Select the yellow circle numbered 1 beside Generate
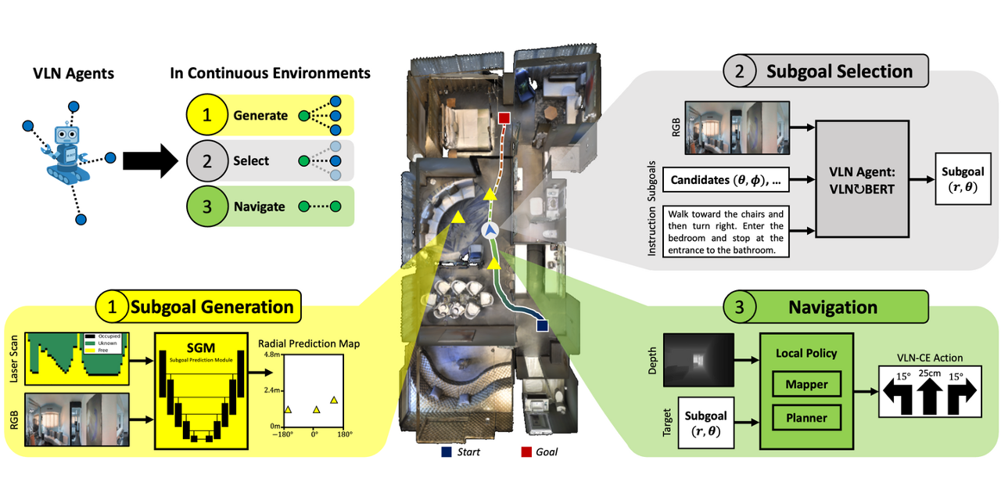pos(206,116)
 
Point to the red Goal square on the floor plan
pos(504,118)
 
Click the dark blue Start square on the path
pos(541,323)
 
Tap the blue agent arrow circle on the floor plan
pos(490,230)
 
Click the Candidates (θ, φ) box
pos(723,181)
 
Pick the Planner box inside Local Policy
pos(806,418)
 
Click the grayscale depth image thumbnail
pos(698,360)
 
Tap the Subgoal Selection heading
pos(839,71)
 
